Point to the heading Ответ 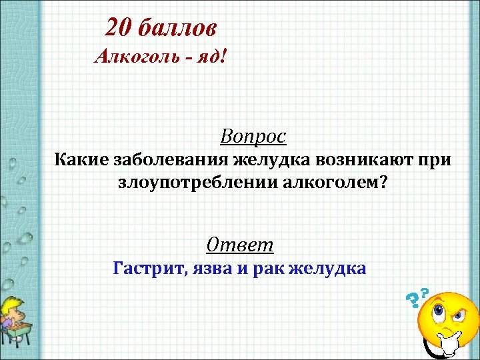(x=240, y=245)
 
